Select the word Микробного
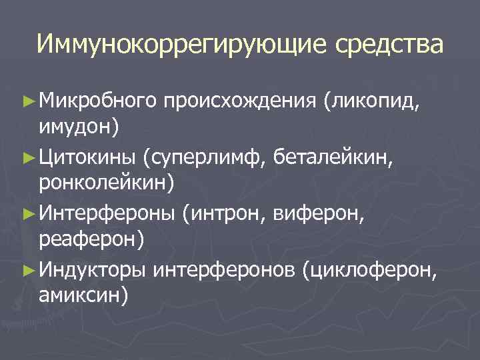pyautogui.click(x=97, y=101)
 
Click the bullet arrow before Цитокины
pyautogui.click(x=27, y=159)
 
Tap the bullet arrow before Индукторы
pyautogui.click(x=27, y=271)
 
